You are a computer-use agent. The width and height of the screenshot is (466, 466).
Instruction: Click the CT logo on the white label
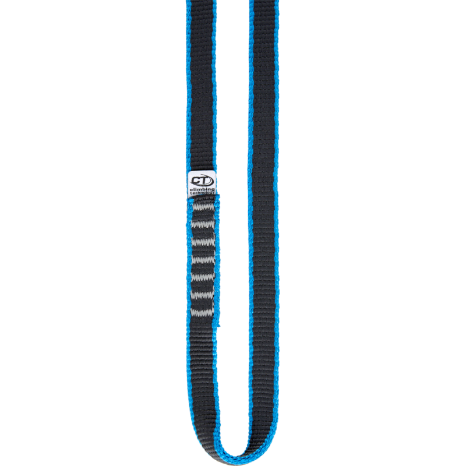coord(202,179)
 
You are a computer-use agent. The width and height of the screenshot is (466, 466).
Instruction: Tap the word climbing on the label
coord(202,190)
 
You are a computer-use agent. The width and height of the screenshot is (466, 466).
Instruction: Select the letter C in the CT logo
coord(197,179)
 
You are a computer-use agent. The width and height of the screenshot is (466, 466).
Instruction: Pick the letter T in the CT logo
coord(206,179)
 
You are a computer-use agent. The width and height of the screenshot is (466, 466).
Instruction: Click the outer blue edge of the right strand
coord(277,233)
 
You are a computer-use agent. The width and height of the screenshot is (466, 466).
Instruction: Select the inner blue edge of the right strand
coord(250,233)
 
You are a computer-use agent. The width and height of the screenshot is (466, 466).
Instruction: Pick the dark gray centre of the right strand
coord(264,233)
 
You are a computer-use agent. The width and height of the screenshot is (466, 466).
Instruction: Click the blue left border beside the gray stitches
coord(189,256)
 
